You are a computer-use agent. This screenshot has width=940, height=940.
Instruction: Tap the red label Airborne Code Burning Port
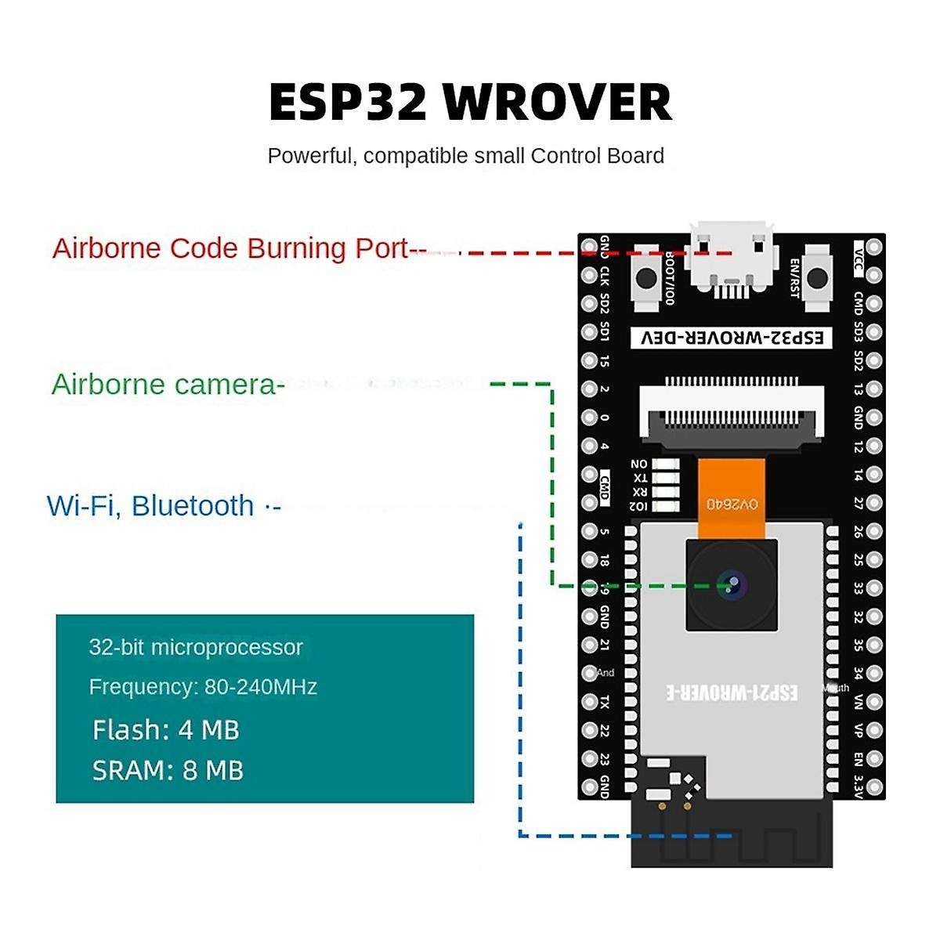[231, 248]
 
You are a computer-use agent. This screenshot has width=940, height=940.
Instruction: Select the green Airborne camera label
[164, 385]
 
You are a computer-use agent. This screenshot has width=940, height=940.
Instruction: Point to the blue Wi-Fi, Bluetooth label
[151, 506]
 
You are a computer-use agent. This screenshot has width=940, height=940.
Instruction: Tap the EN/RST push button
[817, 277]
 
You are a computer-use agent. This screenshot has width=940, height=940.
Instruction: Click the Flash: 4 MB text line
[166, 730]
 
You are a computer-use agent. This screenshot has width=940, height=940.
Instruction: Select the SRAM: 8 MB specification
[168, 771]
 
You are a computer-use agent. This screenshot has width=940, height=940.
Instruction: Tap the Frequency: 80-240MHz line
[203, 687]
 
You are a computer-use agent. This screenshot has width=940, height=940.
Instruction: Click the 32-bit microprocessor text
[196, 648]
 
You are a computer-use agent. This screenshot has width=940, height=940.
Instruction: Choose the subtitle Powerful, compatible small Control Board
[465, 156]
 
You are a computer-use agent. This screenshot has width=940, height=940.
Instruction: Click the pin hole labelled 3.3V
[874, 786]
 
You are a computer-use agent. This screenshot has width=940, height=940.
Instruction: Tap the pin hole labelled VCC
[874, 248]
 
